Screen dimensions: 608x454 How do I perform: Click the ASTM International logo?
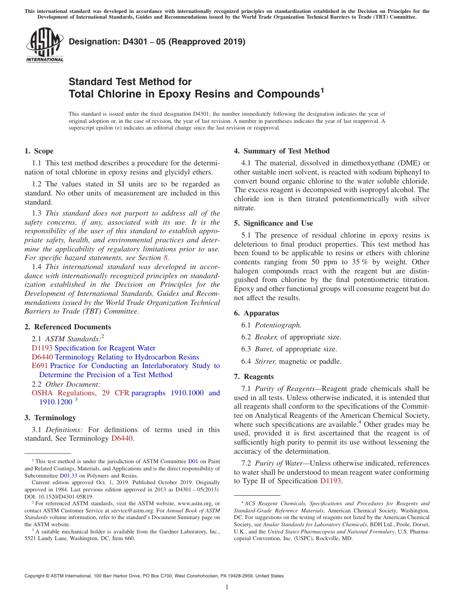44,45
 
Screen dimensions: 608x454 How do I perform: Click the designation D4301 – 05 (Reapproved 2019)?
157,42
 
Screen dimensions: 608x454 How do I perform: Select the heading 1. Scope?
39,151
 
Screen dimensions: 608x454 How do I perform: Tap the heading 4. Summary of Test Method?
281,151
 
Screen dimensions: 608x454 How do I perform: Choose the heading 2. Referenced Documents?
67,327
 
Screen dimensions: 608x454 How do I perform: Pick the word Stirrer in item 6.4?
266,361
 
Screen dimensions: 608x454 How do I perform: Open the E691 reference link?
40,366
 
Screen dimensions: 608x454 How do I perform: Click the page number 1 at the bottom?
227,587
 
